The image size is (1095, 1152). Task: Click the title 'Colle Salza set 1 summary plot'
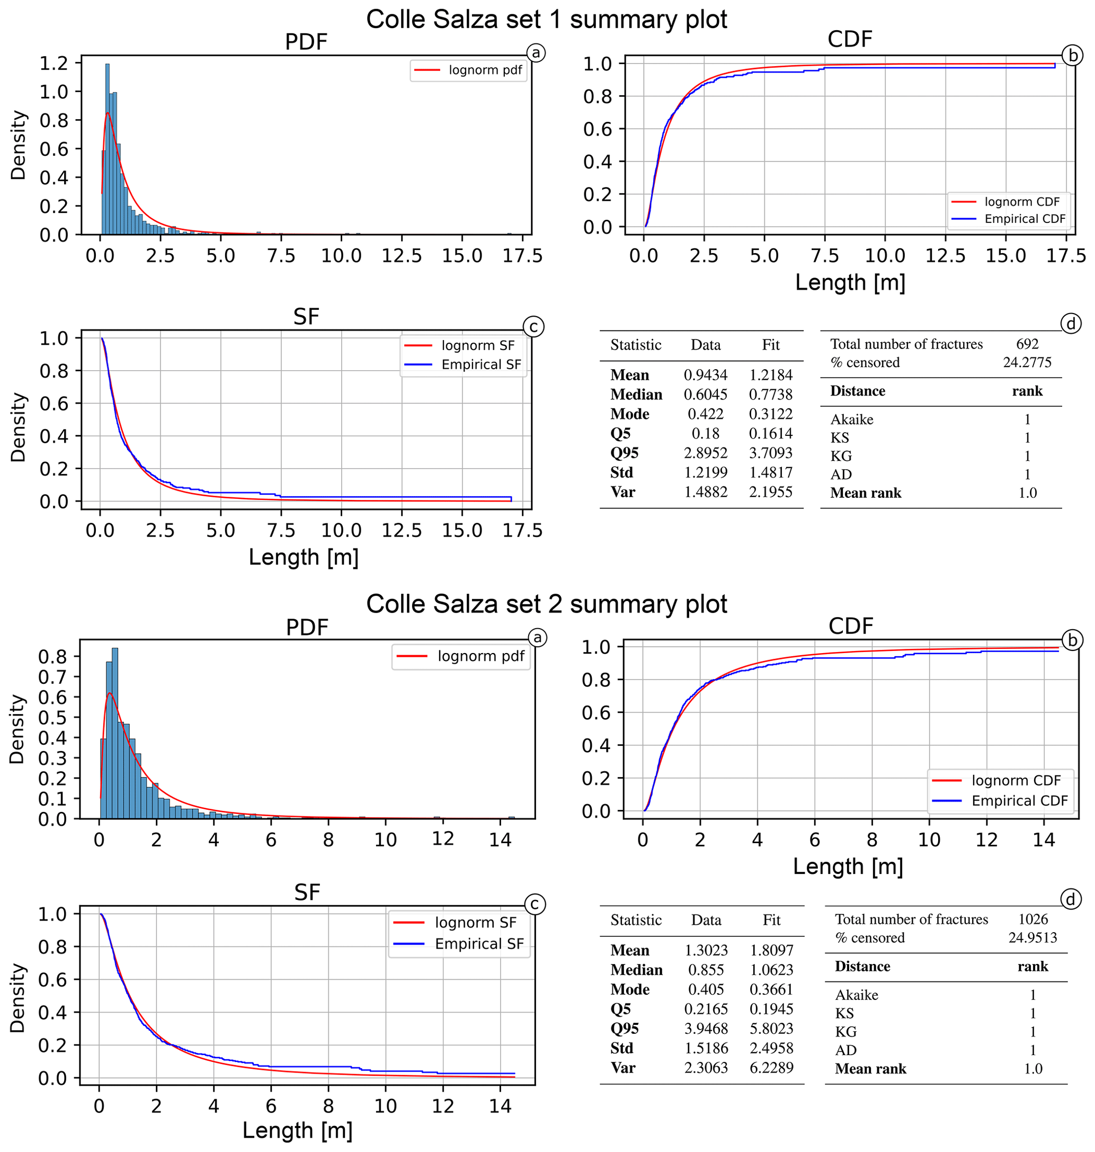pos(546,19)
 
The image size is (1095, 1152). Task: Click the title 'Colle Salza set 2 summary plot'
pos(546,604)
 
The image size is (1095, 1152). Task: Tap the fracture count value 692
pos(1027,344)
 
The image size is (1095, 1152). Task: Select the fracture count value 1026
pos(1033,919)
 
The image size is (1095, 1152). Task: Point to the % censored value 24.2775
pos(1027,362)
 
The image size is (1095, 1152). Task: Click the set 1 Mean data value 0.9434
pos(706,374)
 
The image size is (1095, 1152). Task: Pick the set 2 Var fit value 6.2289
pos(772,1067)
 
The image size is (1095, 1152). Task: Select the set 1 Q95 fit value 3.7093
pos(771,453)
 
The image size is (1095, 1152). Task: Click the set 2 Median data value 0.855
pos(706,970)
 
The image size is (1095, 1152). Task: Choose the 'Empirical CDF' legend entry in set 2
pos(1019,801)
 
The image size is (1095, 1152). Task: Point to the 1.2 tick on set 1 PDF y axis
pos(54,62)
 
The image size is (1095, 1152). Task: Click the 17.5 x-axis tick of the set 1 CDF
pos(1066,256)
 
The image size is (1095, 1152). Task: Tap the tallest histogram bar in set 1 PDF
pos(108,149)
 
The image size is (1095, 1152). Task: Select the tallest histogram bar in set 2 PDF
pos(115,733)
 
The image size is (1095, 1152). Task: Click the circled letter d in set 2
pos(1071,899)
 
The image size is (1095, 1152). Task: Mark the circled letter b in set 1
pos(1072,56)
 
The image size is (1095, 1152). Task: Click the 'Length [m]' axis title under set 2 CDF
pos(848,867)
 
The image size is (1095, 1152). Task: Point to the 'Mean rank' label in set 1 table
pos(866,493)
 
